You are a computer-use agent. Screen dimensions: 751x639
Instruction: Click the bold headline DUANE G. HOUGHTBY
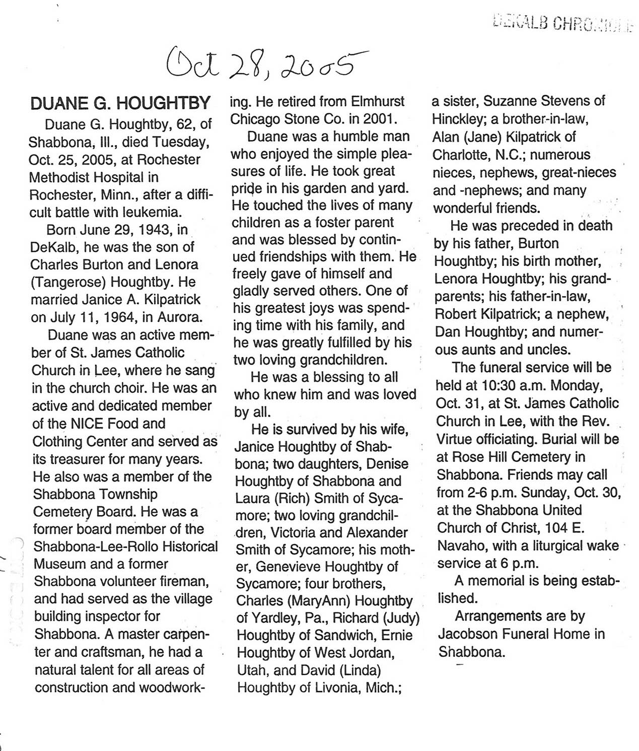click(x=120, y=103)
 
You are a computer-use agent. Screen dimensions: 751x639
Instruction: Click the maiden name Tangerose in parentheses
click(x=70, y=282)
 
